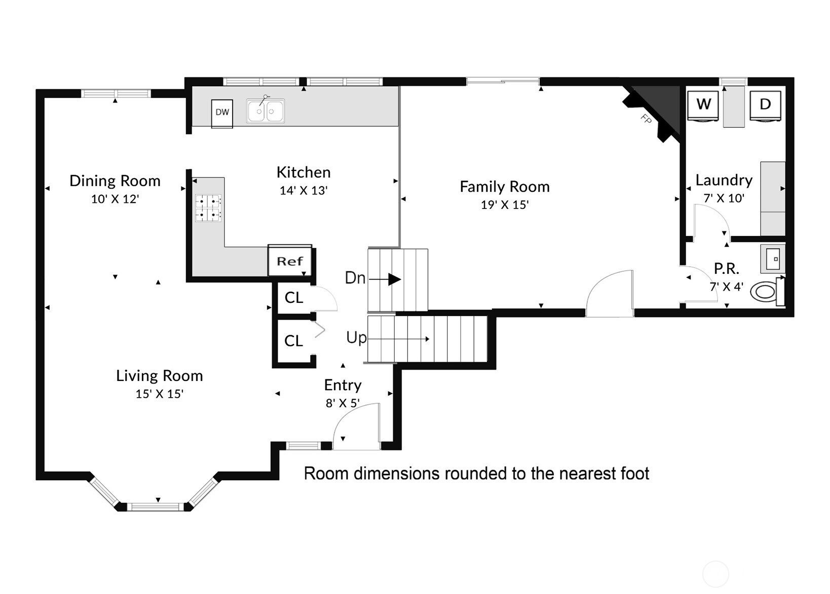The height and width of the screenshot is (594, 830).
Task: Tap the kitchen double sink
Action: coord(266,111)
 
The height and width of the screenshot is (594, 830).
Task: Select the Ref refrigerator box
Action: coord(289,261)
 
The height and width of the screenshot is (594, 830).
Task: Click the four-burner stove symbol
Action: coord(208,207)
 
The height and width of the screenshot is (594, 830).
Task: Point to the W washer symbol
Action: coord(703,105)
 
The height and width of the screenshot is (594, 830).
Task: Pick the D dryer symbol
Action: coord(765,105)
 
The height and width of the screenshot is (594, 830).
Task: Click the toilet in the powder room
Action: coord(765,292)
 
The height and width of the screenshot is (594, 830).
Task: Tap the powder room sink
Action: coord(773,259)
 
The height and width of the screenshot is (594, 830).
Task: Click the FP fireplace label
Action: coord(646,119)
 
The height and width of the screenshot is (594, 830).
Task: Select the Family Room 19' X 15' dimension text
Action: coord(505,205)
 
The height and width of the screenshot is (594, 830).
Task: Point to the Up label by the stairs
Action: coord(356,337)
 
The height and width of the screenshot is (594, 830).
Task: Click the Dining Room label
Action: coord(115,181)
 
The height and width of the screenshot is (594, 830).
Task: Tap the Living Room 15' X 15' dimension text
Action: coord(159,394)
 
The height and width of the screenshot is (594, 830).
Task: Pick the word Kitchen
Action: coord(304,172)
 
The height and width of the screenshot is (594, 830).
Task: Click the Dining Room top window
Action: coord(116,93)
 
